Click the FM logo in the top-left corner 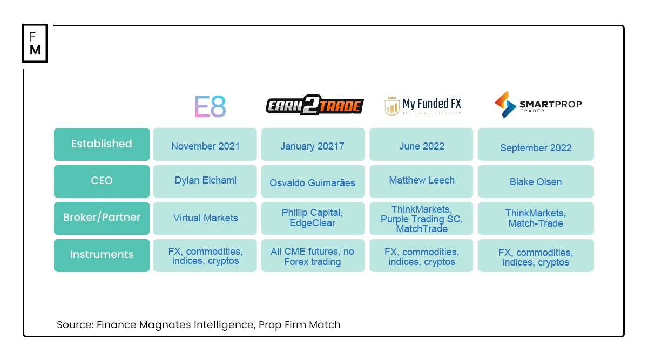35,43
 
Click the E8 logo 210,106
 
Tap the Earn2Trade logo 314,106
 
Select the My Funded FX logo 423,106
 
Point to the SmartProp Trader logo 538,105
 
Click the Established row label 102,144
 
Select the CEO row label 102,181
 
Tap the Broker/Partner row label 102,218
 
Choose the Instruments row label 102,255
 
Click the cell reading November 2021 205,146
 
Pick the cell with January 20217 312,146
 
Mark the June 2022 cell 422,146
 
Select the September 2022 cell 536,148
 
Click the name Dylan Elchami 205,181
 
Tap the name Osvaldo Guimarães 312,183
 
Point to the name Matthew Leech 422,181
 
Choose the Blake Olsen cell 536,182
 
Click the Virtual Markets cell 205,218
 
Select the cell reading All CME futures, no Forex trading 312,257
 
